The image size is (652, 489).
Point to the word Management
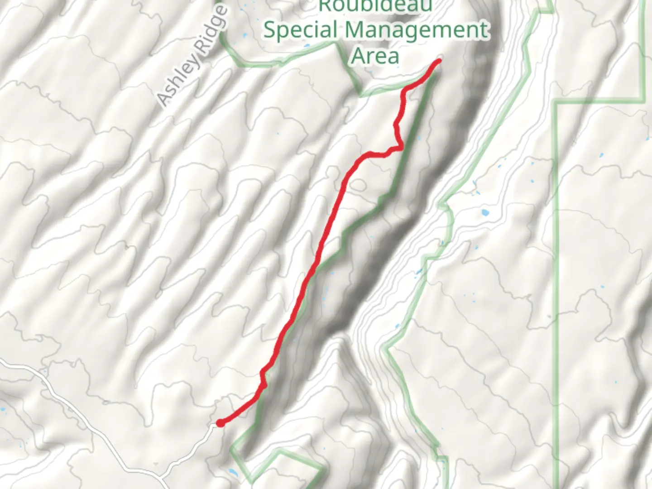tap(417, 30)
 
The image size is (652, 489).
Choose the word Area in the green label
tap(375, 56)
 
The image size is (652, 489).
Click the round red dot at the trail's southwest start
tap(220, 423)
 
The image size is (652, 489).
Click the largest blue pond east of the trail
tap(485, 212)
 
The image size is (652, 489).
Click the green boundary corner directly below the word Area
tap(361, 95)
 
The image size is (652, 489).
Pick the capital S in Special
tap(270, 30)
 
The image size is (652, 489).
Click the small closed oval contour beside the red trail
tap(358, 185)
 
